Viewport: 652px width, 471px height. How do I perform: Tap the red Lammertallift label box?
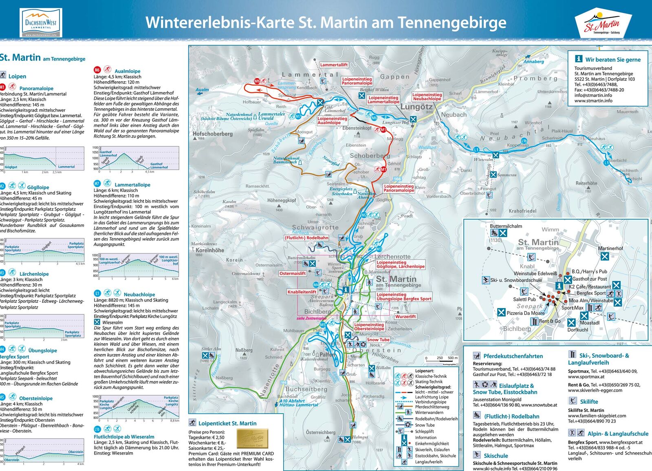point(334,65)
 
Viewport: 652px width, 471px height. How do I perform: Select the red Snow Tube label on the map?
point(378,340)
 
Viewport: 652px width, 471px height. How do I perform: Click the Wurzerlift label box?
point(405,316)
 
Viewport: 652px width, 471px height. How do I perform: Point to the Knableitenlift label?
point(302,292)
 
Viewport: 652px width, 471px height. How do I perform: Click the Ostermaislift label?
point(293,273)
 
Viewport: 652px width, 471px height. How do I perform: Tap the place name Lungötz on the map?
point(416,107)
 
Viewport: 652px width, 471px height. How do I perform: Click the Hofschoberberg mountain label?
point(212,134)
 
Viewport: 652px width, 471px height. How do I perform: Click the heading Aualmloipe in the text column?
point(127,71)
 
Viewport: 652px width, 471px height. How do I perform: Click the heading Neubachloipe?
point(139,294)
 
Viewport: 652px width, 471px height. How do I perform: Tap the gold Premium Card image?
point(253,438)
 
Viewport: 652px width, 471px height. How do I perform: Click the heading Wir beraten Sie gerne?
point(612,59)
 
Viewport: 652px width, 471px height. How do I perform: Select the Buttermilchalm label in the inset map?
point(506,226)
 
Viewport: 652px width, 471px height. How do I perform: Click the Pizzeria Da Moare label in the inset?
point(525,313)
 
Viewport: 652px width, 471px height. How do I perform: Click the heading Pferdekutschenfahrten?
point(513,356)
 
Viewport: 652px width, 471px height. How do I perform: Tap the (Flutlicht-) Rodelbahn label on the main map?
point(306,238)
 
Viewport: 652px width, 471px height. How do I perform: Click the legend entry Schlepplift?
point(424,431)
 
